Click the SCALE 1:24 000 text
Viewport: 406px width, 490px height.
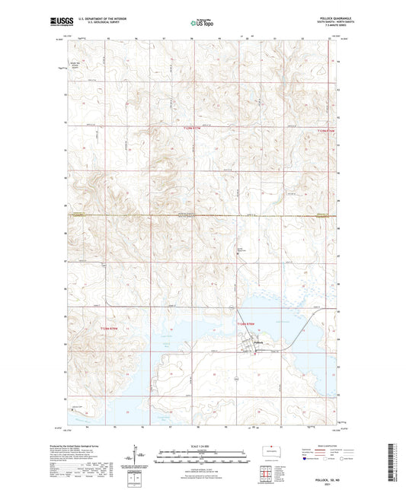(x=202, y=445)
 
